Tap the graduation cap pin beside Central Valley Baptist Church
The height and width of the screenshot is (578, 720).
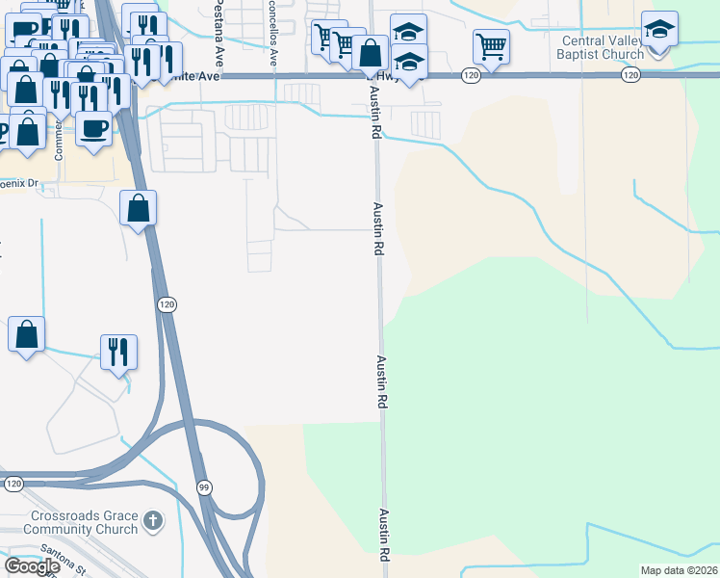pyautogui.click(x=659, y=31)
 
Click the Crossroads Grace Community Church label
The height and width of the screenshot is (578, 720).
pyautogui.click(x=81, y=522)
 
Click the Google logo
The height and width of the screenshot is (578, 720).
pyautogui.click(x=31, y=566)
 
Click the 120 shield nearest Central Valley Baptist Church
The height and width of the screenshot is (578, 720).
pyautogui.click(x=630, y=75)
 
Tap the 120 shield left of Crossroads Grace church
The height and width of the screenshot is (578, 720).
pyautogui.click(x=13, y=483)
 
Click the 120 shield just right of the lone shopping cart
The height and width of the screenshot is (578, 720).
pyautogui.click(x=469, y=75)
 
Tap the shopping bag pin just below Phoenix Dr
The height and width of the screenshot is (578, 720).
pyautogui.click(x=139, y=208)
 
